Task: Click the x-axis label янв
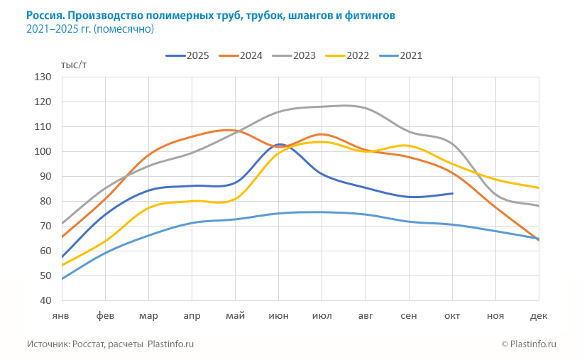tap(61, 315)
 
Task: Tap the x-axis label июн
tap(278, 315)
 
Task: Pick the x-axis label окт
tap(453, 315)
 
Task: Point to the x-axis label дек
tap(539, 315)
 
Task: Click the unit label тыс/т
tap(74, 65)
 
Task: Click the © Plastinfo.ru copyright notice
tap(528, 344)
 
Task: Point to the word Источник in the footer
tap(48, 344)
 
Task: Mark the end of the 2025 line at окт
tap(453, 193)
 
